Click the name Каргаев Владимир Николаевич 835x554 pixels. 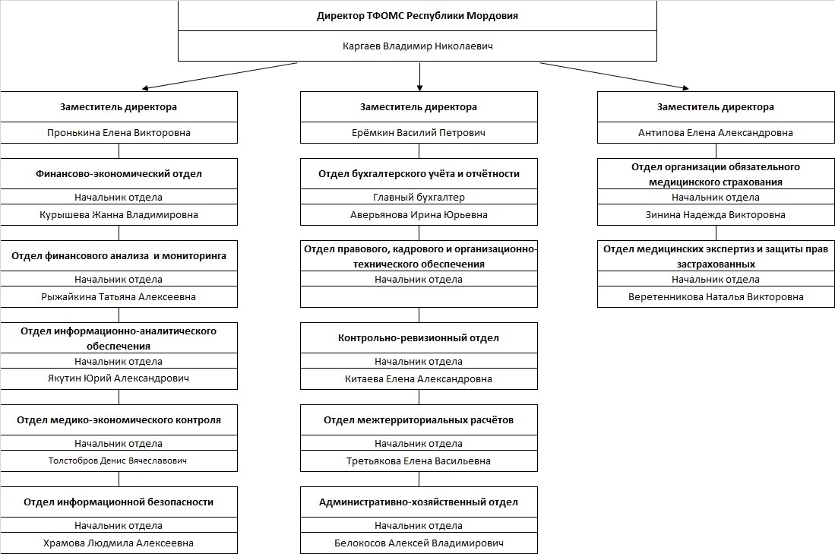418,46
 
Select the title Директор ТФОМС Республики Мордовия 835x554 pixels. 418,16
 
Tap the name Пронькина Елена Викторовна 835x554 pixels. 119,133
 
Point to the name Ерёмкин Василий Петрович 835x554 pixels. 419,133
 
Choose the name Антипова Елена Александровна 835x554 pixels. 716,133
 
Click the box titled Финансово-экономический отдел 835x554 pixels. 119,192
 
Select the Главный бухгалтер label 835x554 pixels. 419,197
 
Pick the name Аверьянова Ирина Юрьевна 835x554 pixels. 419,214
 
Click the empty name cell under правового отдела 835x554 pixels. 419,296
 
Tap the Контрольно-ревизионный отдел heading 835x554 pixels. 419,337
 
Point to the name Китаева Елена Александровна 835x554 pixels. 419,378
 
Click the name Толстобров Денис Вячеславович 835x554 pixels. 118,461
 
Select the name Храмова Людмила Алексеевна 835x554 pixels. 119,543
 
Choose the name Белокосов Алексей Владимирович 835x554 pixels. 419,543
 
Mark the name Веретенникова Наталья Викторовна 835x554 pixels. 716,296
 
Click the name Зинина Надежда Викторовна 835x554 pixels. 716,214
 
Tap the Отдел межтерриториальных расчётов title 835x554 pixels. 419,419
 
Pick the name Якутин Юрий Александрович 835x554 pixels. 119,378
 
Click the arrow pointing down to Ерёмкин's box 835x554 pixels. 419,78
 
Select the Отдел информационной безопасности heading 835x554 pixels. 119,502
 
